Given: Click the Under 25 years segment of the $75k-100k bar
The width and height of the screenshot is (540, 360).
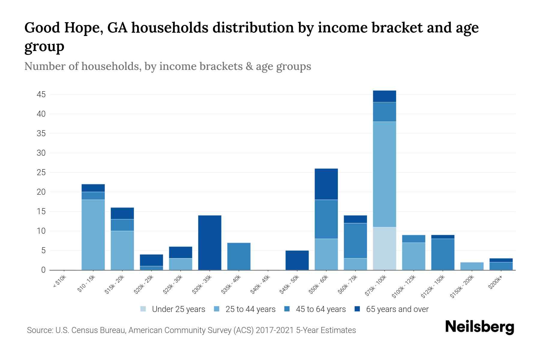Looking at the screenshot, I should pos(384,248).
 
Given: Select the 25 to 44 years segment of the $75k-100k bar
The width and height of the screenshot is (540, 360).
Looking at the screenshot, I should pos(384,174).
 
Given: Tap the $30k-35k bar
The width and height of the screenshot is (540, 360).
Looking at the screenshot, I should pos(210,242).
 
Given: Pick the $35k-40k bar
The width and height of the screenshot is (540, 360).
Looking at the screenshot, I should pos(239,256).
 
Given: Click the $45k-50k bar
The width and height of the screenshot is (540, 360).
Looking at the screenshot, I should pos(297,260).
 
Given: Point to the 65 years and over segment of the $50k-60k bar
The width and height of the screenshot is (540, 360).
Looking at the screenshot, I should pos(326,184).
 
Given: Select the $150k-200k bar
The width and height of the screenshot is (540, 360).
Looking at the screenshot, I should pos(472,266).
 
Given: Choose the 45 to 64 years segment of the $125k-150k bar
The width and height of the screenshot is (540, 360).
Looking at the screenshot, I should pos(442,254).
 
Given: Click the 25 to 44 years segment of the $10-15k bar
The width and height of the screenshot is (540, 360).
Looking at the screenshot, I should pos(93,235).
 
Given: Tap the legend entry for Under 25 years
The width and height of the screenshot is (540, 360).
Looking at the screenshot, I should pos(178,309).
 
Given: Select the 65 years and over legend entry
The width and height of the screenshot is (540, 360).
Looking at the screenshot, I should pos(397,309).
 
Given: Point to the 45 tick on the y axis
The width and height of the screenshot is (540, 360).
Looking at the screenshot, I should pos(41,95).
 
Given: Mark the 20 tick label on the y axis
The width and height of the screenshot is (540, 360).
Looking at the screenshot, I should pos(41,192).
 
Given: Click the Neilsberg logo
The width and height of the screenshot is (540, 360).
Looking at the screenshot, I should pos(479,327).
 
